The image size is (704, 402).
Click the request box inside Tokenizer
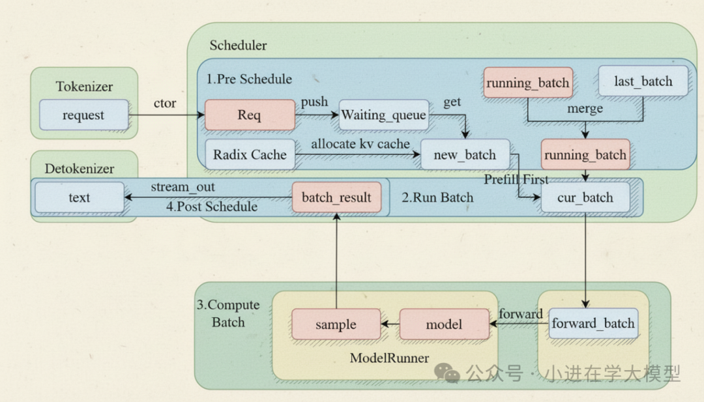pos(83,115)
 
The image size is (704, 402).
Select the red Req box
pos(250,115)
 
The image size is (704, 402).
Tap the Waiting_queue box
pos(383,115)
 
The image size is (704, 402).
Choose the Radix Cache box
pos(250,154)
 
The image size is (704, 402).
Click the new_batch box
pos(465,155)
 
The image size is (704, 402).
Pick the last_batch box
pos(643,81)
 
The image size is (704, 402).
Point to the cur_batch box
pos(585,197)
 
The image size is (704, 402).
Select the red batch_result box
pos(336,197)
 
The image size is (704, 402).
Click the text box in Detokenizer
pos(79,197)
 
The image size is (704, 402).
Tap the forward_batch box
pos(593,323)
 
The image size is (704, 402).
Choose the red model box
pos(444,324)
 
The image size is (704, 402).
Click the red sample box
pos(336,324)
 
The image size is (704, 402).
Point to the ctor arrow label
pos(164,103)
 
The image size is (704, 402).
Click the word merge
pos(585,109)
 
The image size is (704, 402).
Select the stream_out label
pos(183,188)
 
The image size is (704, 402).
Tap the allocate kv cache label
pos(360,143)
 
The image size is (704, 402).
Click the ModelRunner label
pos(389,358)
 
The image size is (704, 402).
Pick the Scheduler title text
pos(238,46)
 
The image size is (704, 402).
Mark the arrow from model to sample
pos(390,324)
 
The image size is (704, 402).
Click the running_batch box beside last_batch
pos(528,83)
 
